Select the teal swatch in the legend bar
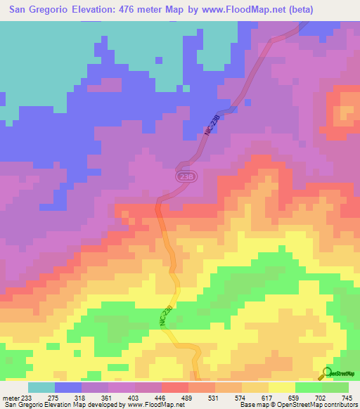tap(41, 387)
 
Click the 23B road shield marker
tap(184, 177)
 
